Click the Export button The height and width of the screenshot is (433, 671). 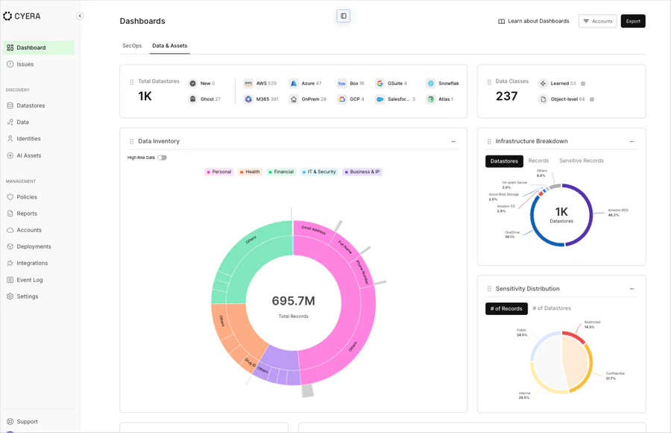click(633, 21)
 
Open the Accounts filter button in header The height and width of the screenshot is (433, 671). click(597, 21)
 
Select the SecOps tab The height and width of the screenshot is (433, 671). click(132, 46)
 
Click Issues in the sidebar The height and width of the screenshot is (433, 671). click(25, 64)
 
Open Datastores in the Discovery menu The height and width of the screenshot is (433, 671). click(31, 105)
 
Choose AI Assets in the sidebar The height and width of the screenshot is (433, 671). click(29, 155)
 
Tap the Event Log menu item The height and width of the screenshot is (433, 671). click(30, 280)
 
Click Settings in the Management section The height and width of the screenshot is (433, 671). click(28, 296)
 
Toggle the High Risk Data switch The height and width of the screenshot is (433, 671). click(162, 158)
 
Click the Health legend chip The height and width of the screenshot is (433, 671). click(250, 172)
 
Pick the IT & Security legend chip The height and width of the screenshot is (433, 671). click(319, 172)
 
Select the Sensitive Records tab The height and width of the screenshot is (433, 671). click(581, 161)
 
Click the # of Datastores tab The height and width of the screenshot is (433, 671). click(552, 308)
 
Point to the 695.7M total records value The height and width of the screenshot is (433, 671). click(293, 301)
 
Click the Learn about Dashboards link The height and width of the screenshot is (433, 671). click(533, 21)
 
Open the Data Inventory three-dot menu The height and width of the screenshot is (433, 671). click(453, 141)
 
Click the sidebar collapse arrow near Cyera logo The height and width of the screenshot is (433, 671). click(80, 16)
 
